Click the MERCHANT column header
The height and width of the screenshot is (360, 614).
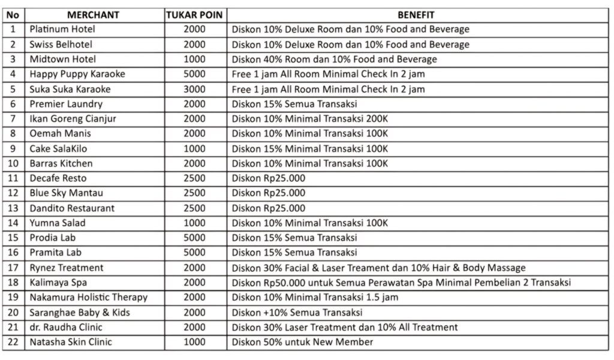tap(93, 15)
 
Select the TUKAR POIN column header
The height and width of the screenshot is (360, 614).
tap(194, 15)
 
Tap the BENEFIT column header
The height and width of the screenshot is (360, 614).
tap(416, 15)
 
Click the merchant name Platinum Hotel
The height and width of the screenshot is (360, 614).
tap(62, 29)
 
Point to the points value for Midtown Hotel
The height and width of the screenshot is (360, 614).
tap(194, 59)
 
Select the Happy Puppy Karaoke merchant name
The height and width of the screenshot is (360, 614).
tap(77, 74)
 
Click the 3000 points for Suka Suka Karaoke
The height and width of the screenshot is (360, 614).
tap(194, 89)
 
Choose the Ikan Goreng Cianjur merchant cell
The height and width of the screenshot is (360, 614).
tap(73, 119)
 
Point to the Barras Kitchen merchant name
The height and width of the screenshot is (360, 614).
tap(61, 163)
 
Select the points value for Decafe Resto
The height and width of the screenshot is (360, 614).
tap(194, 178)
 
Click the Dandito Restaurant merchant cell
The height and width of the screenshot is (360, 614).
tap(72, 208)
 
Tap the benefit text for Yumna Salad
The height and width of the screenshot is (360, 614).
tap(310, 223)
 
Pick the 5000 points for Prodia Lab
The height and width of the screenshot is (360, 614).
tap(194, 238)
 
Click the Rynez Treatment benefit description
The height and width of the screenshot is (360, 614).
tap(378, 268)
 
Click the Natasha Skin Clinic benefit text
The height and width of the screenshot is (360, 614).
tap(302, 342)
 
